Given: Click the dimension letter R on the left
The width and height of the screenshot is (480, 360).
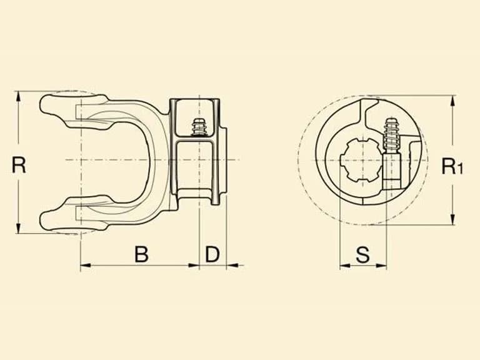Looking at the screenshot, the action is click(x=19, y=165).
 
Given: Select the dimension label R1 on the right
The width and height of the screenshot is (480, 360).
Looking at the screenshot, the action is click(x=452, y=166).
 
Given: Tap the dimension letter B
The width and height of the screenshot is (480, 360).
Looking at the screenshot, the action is click(x=141, y=254).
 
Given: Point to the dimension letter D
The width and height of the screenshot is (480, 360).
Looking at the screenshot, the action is click(x=212, y=254).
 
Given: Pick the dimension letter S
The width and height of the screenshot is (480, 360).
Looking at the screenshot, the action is click(x=362, y=254).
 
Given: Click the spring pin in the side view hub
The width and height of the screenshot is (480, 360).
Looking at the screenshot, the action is click(x=199, y=127).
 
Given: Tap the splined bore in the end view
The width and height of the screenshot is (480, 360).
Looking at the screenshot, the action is click(x=361, y=160).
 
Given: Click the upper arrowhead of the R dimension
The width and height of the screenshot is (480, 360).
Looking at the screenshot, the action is click(x=18, y=97).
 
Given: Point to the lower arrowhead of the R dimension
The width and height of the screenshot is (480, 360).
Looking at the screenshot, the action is click(x=18, y=228).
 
